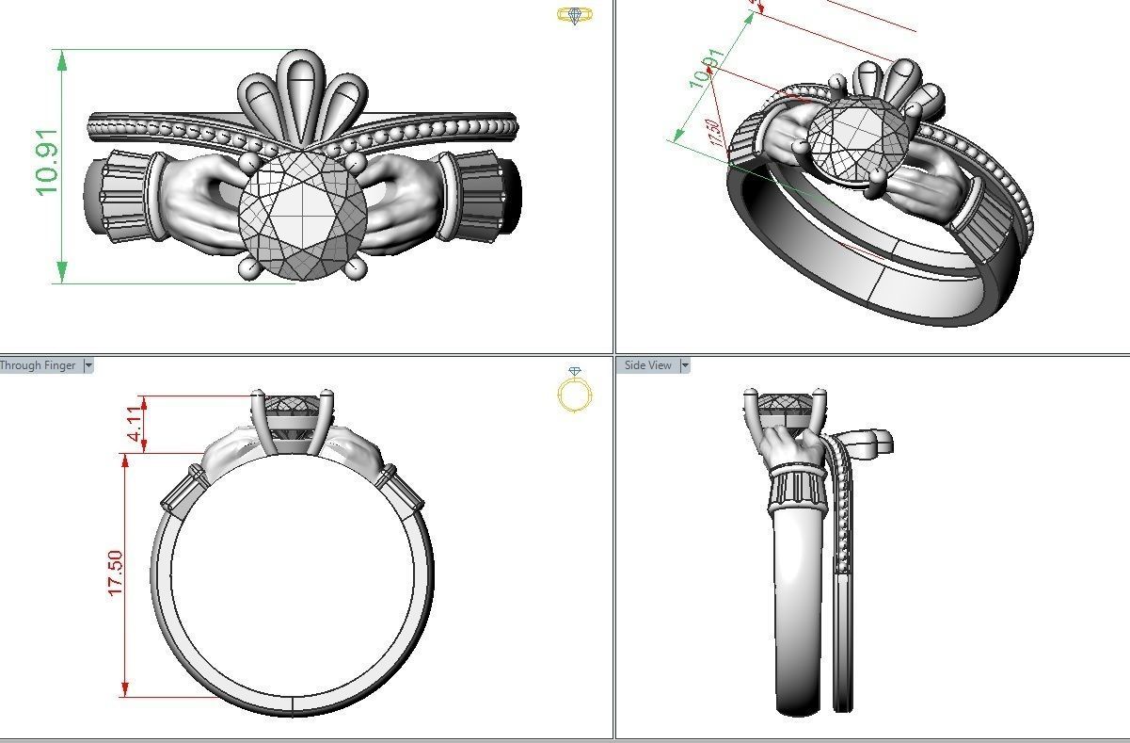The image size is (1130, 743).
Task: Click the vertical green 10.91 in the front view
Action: [x=47, y=162]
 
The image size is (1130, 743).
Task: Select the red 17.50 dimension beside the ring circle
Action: [x=115, y=573]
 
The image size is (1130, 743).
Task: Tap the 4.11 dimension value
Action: [x=137, y=425]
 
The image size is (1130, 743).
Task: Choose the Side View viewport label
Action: [x=648, y=365]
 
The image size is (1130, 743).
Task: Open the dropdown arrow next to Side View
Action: [x=685, y=365]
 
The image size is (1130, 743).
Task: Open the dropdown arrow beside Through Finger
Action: [x=88, y=365]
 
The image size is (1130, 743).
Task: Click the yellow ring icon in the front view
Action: [x=574, y=15]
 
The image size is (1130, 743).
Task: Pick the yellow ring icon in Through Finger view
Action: [x=575, y=390]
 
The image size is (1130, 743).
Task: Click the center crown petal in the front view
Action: [x=302, y=94]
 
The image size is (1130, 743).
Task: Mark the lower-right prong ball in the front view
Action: [x=357, y=269]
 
